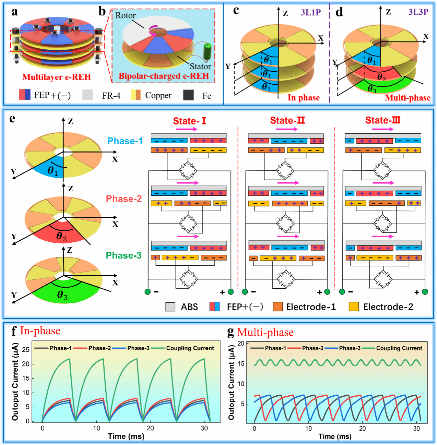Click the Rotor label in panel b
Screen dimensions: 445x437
125,15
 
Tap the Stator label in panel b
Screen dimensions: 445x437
200,66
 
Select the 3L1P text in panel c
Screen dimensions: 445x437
311,12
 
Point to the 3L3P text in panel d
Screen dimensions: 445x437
418,12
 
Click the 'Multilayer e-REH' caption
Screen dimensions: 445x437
57,77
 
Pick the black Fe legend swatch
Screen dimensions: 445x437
188,95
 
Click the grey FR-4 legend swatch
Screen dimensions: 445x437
87,95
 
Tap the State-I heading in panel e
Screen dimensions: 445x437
189,121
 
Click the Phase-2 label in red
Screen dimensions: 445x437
123,199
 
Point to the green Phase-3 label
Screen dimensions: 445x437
123,255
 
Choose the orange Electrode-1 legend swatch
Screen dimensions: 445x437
277,307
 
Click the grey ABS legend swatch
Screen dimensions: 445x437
170,307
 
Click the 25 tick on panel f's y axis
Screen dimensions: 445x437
26,350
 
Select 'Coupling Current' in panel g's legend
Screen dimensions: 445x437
399,348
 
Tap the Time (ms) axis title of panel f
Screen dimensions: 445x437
126,436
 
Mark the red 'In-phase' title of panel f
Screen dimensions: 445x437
40,330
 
